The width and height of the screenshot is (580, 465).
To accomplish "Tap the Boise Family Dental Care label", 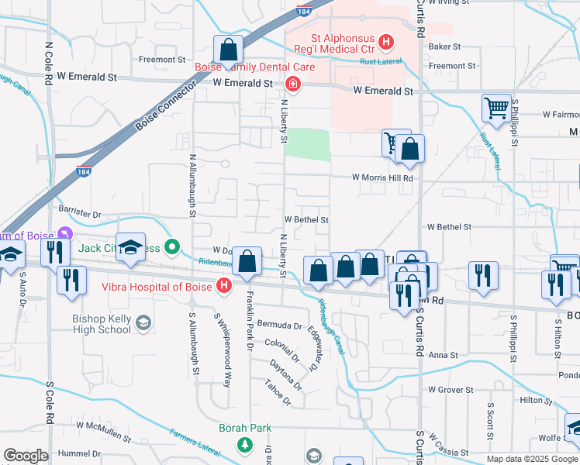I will (x=254, y=67).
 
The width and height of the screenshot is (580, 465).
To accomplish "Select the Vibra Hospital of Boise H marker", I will (x=224, y=286).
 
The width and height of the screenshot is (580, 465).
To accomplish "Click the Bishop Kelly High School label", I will (x=101, y=324).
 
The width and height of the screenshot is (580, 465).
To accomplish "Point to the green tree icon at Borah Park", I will (x=245, y=445).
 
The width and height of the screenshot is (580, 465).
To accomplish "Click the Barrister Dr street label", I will (x=79, y=213).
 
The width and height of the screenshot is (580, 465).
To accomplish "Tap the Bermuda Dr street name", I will (x=280, y=325).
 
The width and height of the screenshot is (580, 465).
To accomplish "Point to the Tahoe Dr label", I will (x=277, y=402).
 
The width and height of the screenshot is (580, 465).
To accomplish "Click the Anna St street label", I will (x=444, y=355).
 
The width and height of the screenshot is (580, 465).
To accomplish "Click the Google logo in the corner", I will (x=26, y=456).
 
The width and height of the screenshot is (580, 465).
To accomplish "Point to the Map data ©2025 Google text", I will (x=531, y=459).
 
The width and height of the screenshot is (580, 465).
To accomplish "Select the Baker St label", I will (x=445, y=46).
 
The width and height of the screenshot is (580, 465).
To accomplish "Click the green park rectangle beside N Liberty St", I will (x=307, y=143).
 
